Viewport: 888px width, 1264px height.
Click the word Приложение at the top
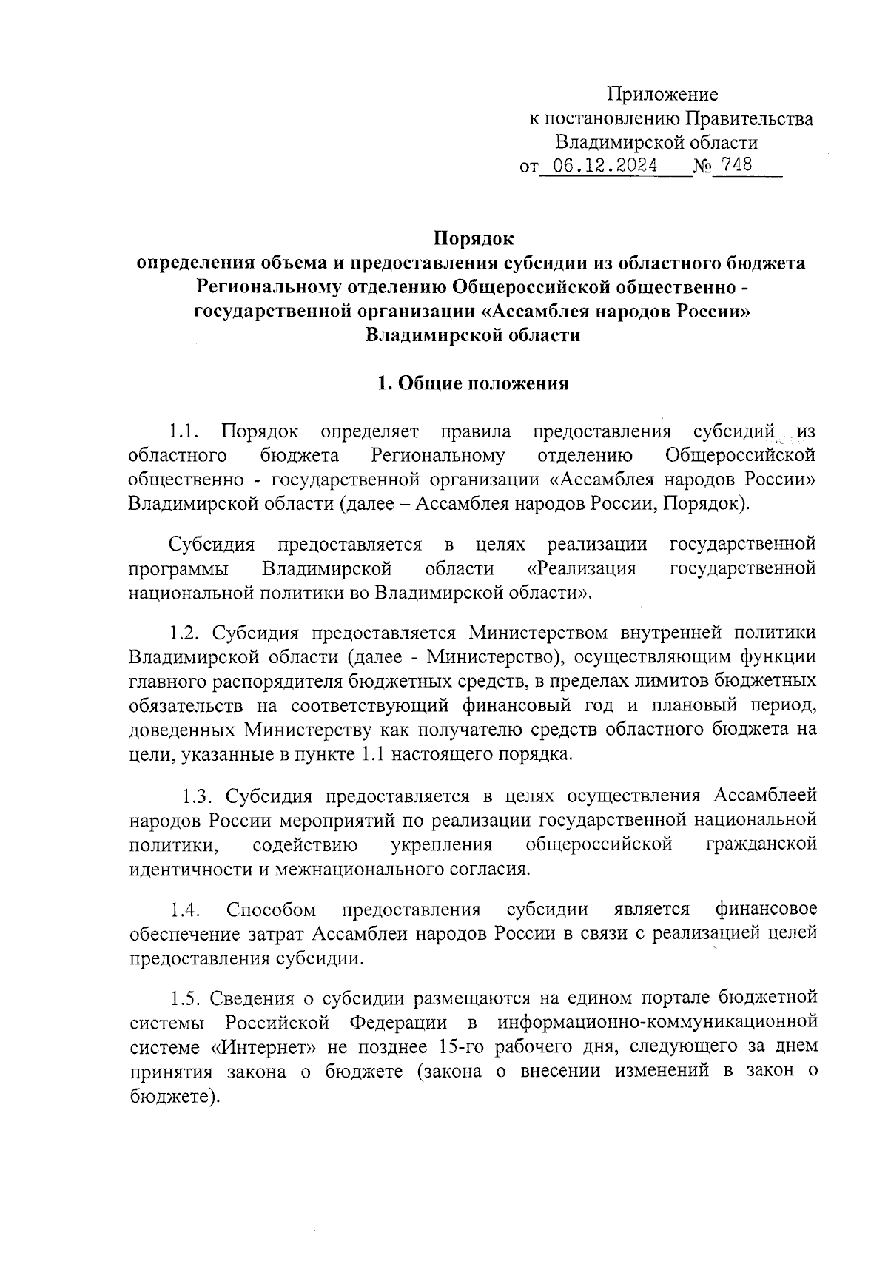[x=662, y=94]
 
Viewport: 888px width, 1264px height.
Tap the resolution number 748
[x=737, y=165]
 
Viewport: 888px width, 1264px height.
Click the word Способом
[x=272, y=909]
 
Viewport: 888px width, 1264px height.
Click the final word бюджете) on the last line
[x=175, y=1096]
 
